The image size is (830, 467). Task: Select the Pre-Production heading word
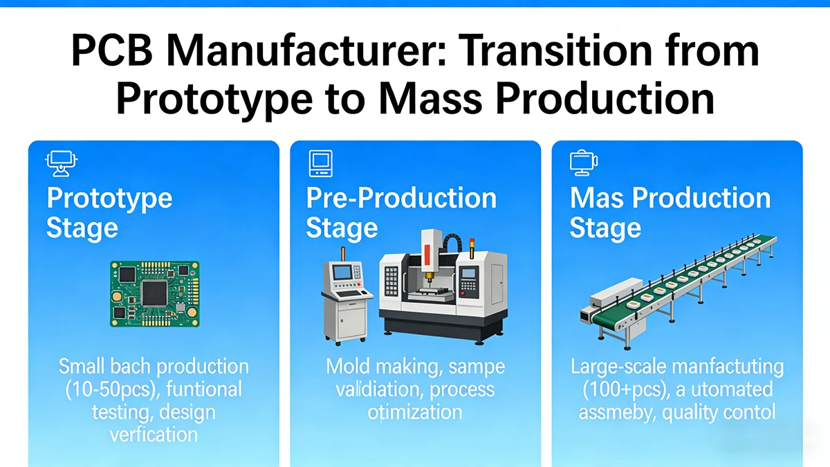[401, 199]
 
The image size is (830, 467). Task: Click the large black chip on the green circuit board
[154, 292]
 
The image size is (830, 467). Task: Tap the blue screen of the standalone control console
[342, 272]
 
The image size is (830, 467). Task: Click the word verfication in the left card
[154, 434]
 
